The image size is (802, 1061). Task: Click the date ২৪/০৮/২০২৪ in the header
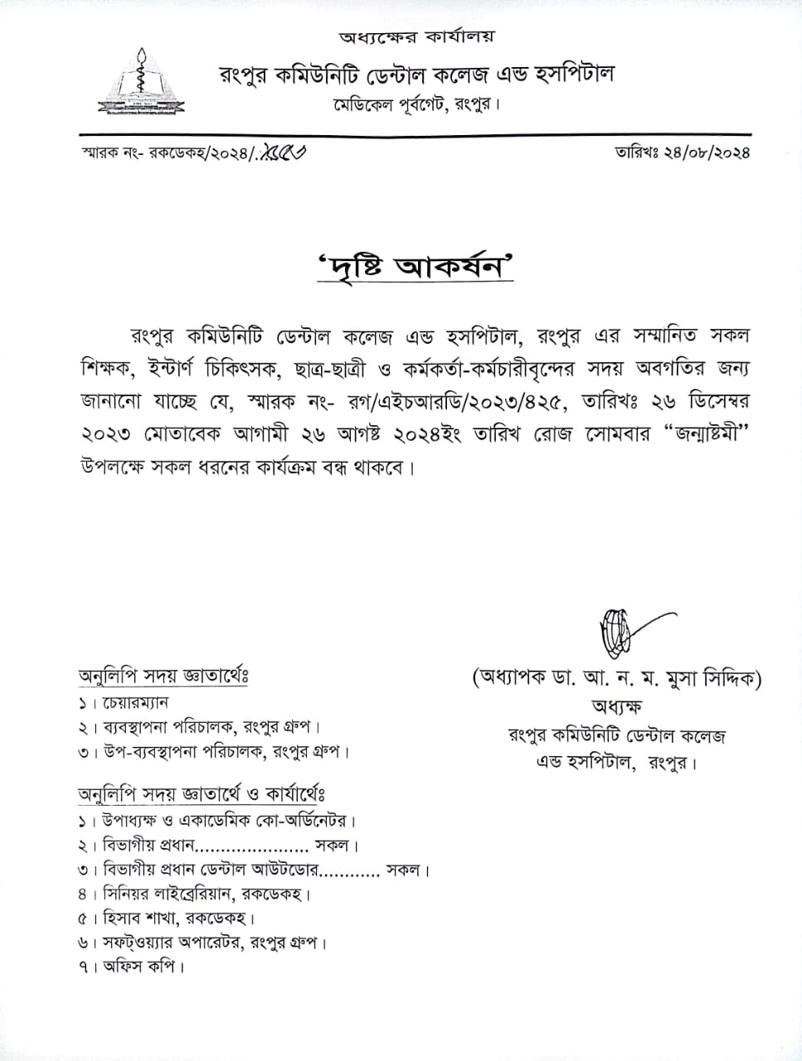706,153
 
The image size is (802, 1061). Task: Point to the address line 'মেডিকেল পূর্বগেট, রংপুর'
417,104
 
